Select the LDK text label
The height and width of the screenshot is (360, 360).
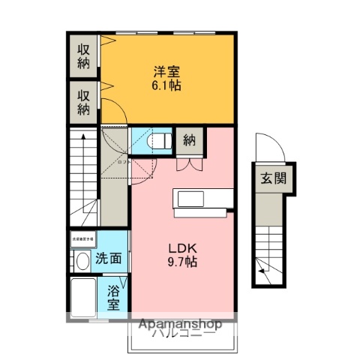click(181, 248)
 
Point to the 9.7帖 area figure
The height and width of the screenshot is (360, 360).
click(181, 262)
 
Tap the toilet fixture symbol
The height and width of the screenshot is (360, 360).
click(159, 140)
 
